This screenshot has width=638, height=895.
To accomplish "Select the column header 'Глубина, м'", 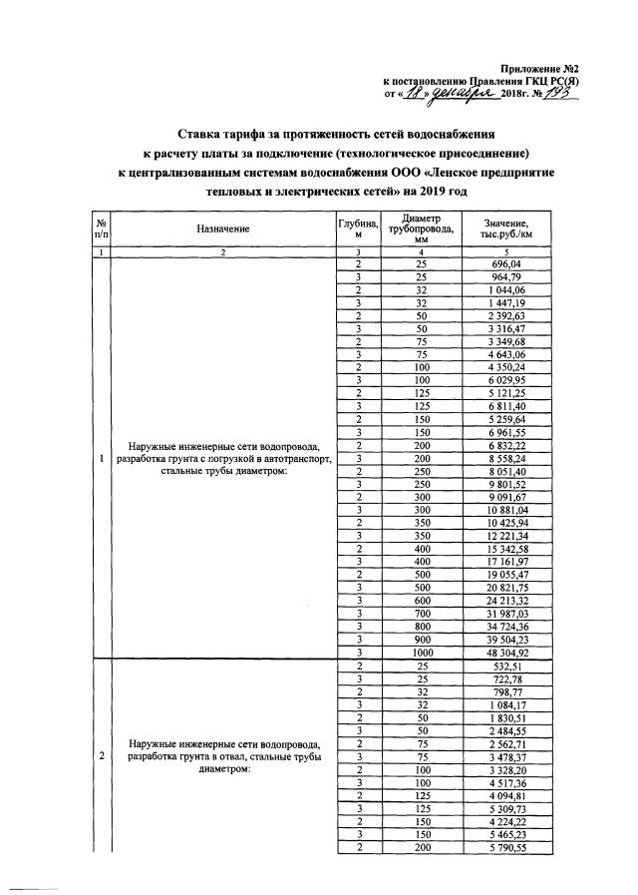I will pos(356,228).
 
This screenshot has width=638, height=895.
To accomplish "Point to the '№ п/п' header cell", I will pos(102,228).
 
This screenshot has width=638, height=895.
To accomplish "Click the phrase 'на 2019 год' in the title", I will pos(434,190).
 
